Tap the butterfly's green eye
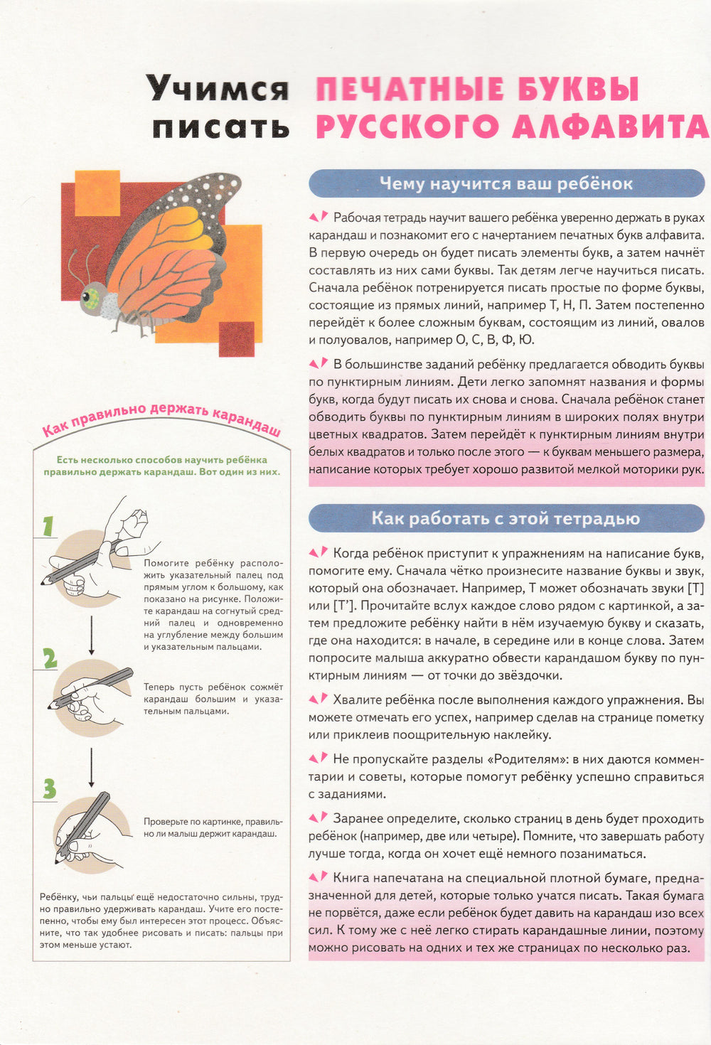91,296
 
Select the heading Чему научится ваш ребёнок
506,184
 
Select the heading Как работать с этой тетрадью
506,519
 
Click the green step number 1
48,527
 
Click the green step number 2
49,659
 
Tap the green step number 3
49,788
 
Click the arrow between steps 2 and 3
92,763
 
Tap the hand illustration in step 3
89,828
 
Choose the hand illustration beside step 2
89,693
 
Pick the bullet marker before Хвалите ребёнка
319,700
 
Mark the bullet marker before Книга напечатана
319,878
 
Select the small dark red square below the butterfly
236,339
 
